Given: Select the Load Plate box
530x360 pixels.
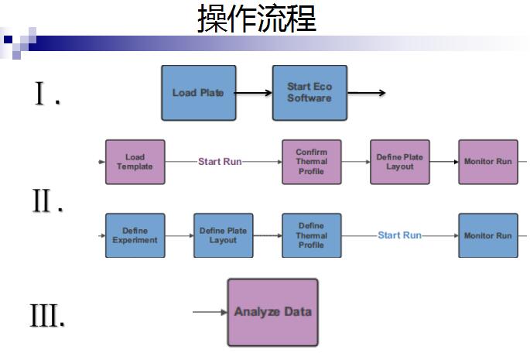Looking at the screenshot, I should click(x=198, y=93).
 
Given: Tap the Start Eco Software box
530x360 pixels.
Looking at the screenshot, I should click(x=309, y=93).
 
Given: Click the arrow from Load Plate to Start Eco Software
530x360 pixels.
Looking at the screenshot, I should click(x=254, y=93).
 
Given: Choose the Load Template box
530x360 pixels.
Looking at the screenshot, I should click(x=135, y=162).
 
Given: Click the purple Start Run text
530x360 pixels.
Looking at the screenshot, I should click(x=220, y=162).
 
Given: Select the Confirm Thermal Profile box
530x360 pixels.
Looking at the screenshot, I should click(x=311, y=162).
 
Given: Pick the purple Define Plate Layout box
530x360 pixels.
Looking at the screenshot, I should click(x=399, y=162).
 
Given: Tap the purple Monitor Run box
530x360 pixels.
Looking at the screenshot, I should click(x=487, y=162).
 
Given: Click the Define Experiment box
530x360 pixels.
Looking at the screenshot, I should click(x=135, y=235).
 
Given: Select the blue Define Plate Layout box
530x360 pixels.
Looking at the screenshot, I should click(x=223, y=235).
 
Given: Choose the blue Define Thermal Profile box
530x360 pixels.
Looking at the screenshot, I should click(x=311, y=235).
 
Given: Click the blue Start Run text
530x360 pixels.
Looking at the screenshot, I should click(x=399, y=235).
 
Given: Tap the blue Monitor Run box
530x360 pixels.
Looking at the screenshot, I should click(x=487, y=235).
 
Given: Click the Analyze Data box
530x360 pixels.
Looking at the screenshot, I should click(x=272, y=312).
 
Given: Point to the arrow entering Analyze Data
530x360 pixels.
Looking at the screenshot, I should click(x=209, y=312).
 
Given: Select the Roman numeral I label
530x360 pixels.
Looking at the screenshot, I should click(x=45, y=95).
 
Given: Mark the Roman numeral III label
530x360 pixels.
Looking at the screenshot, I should click(x=47, y=316).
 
